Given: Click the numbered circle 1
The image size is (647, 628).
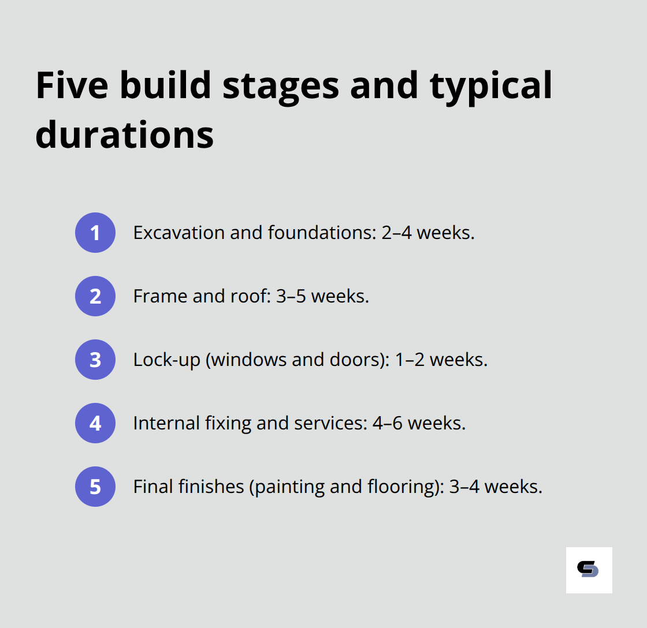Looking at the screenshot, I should tap(95, 233).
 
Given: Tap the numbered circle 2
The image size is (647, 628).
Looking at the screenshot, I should tap(95, 296).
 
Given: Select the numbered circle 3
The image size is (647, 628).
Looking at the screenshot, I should tap(95, 360).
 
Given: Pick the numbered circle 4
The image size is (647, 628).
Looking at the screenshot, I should tap(95, 423).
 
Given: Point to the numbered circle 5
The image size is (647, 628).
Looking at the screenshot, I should tap(95, 487).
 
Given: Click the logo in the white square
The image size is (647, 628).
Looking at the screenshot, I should tap(589, 570).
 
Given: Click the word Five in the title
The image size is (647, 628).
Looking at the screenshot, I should tap(72, 85).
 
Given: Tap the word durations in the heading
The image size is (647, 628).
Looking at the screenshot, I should tap(124, 134).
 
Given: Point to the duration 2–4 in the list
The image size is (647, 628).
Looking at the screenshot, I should tap(397, 233).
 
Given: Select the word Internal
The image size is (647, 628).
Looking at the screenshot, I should tap(166, 423).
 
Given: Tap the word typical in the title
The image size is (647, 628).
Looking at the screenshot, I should tap(490, 85).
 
